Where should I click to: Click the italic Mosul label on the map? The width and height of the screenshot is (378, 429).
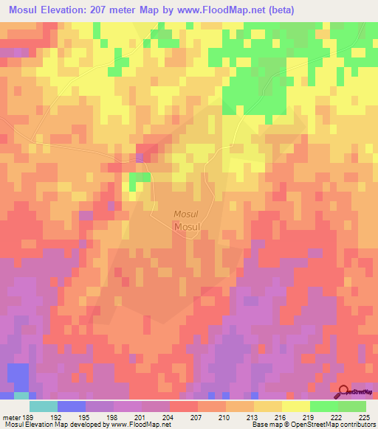(x=185, y=214)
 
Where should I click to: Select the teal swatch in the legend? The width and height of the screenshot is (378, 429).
(x=44, y=406)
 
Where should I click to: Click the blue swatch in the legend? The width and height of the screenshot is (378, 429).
(x=72, y=406)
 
